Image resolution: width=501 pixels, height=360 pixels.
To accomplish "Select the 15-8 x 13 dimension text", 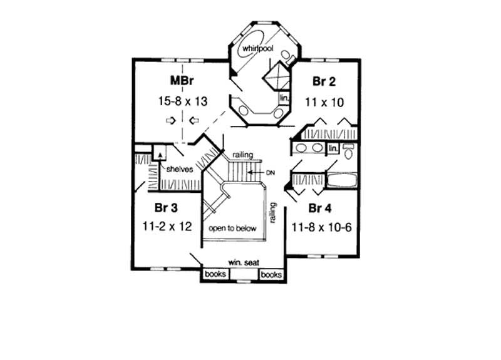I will pyautogui.click(x=183, y=100).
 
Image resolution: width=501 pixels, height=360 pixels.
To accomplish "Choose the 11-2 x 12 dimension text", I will pyautogui.click(x=167, y=226).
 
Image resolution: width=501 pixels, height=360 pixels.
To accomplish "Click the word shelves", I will pyautogui.click(x=178, y=168).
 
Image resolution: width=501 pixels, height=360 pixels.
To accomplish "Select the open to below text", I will pyautogui.click(x=233, y=229).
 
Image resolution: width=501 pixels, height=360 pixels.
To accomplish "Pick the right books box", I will pyautogui.click(x=271, y=274).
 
